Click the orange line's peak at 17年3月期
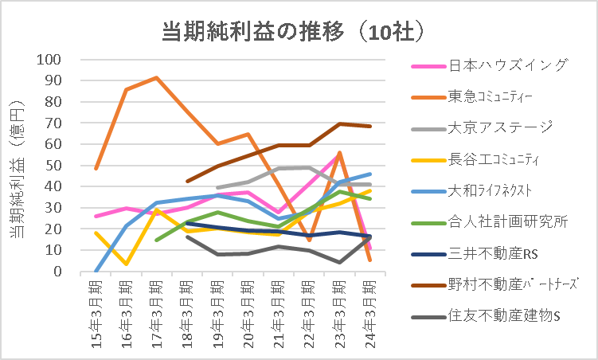coord(157,78)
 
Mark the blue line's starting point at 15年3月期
coord(96,271)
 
